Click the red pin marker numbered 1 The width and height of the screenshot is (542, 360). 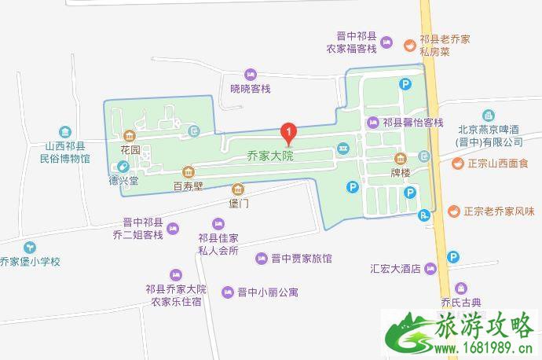(290, 132)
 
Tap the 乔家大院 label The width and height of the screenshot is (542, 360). (269, 156)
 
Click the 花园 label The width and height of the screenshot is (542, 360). (130, 149)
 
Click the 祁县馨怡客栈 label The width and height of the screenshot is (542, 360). (413, 123)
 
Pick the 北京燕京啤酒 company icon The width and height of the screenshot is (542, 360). (489, 115)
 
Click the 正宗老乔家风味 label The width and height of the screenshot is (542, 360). (496, 211)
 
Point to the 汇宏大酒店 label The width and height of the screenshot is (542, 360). (397, 268)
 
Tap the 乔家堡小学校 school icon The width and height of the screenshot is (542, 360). (29, 246)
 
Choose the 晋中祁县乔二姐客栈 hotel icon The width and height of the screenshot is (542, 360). (173, 229)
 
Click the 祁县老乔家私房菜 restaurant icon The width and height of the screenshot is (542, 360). (409, 44)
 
